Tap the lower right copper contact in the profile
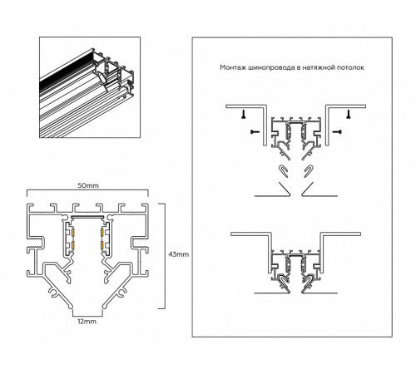click(103, 246)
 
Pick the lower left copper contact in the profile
click(72, 246)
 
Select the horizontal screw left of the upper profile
click(252, 132)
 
